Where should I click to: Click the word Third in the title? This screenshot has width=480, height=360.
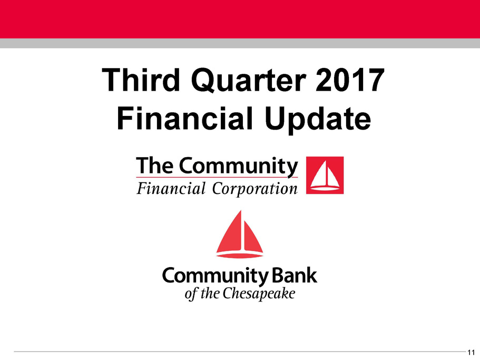point(141,80)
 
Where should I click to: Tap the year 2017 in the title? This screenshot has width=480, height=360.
point(349,80)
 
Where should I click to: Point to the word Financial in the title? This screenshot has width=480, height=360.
point(185,119)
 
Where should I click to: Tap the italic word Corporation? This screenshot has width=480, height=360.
point(254,189)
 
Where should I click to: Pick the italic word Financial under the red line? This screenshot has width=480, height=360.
point(171,188)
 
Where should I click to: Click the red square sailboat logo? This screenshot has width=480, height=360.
point(325,175)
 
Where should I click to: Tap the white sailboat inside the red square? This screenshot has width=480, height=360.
point(325,176)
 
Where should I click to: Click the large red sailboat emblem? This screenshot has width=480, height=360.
point(240,234)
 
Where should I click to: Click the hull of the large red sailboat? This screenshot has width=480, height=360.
point(240,255)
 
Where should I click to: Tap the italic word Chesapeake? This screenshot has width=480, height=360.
point(259,294)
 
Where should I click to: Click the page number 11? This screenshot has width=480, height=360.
point(471,352)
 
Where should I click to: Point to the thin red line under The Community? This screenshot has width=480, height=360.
point(217,177)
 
